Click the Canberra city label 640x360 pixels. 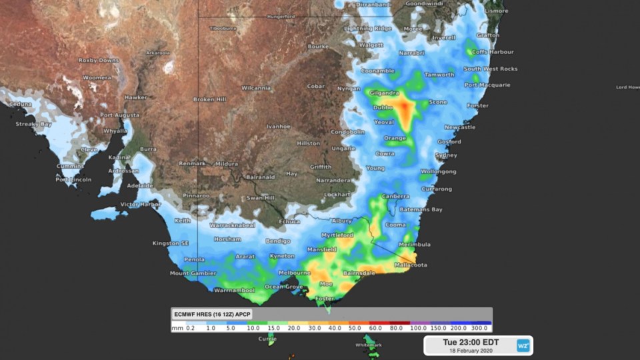[x=396, y=196]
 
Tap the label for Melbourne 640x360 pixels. [x=294, y=273]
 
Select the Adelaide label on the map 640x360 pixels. [x=139, y=185]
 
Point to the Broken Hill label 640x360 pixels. [x=210, y=99]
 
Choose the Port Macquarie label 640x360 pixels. [x=487, y=85]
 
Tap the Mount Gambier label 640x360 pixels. [x=193, y=273]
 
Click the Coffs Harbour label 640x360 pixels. [x=492, y=52]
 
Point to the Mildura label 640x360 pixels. [x=226, y=163]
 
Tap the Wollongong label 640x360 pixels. [x=437, y=171]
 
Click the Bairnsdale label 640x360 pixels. [x=361, y=273]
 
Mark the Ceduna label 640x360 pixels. [x=20, y=105]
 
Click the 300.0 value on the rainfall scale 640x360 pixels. [x=479, y=328]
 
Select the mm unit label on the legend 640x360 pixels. [x=177, y=328]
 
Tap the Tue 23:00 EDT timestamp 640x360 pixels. [x=470, y=342]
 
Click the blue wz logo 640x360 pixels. [x=523, y=345]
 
